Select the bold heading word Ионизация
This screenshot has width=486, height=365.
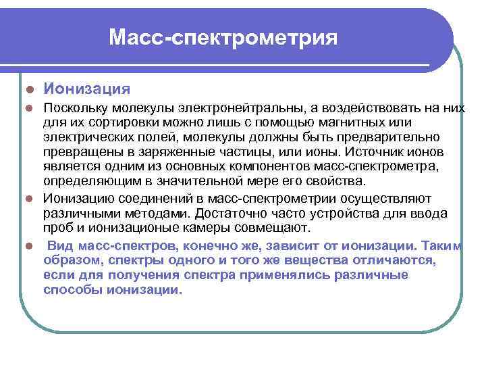pos(87,89)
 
